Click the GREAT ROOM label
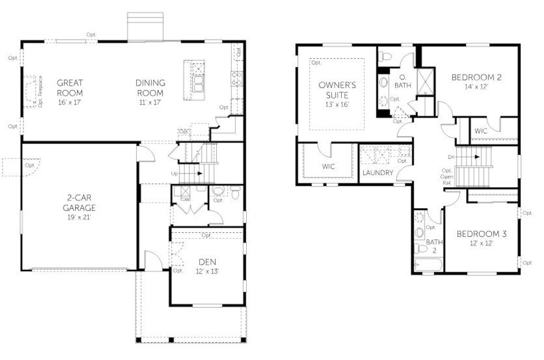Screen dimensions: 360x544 (x=70, y=88)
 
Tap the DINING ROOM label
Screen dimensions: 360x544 (x=150, y=88)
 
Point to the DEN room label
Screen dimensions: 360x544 (x=208, y=262)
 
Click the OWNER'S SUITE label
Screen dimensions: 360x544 (x=337, y=90)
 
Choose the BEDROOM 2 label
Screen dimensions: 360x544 (x=476, y=77)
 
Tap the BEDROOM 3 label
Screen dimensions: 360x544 (x=481, y=234)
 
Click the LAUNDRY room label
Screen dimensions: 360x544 (x=378, y=173)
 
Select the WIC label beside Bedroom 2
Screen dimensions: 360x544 (x=480, y=130)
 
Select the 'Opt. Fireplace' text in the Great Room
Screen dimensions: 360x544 (x=40, y=92)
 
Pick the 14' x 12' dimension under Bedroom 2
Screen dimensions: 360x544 (x=476, y=86)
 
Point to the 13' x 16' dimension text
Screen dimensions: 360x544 (x=337, y=104)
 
